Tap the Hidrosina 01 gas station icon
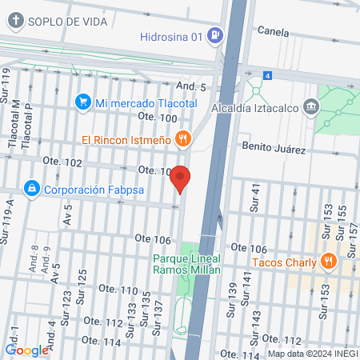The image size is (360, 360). tap(214, 35)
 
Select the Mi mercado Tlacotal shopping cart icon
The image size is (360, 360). tap(82, 102)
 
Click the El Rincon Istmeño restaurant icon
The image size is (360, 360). tap(183, 139)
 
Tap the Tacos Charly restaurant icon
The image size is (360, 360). tap(327, 261)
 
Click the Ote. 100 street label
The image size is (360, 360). tap(157, 118)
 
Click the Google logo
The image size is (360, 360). tap(26, 350)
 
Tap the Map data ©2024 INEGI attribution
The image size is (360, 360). tap(311, 354)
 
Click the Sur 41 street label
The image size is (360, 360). tap(256, 194)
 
